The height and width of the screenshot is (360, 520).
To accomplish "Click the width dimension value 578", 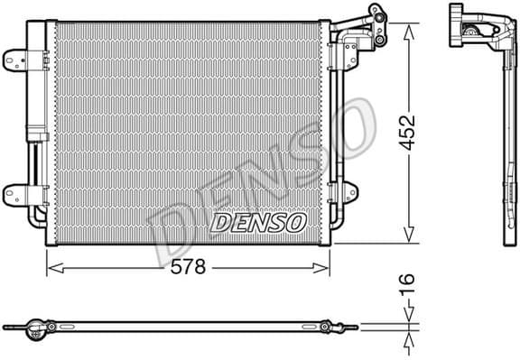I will click(190, 267).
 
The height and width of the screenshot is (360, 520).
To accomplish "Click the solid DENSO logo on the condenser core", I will click(258, 221).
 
